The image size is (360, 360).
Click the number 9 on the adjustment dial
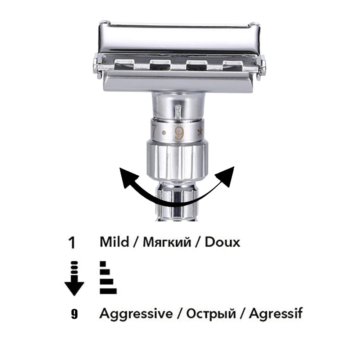click(179, 134)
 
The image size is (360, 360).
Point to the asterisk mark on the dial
click(201, 132)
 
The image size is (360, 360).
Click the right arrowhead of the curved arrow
click(226, 176)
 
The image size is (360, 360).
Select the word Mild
click(114, 242)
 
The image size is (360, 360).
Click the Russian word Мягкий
click(167, 242)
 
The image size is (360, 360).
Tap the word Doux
click(222, 242)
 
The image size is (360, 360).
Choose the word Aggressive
click(136, 314)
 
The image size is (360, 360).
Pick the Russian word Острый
click(211, 314)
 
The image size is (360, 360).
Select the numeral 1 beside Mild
click(72, 243)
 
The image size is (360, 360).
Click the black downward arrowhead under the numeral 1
click(74, 288)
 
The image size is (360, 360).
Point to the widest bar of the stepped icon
click(108, 291)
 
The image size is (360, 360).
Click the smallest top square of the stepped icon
click(103, 264)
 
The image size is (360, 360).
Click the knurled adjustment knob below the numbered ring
click(177, 161)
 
